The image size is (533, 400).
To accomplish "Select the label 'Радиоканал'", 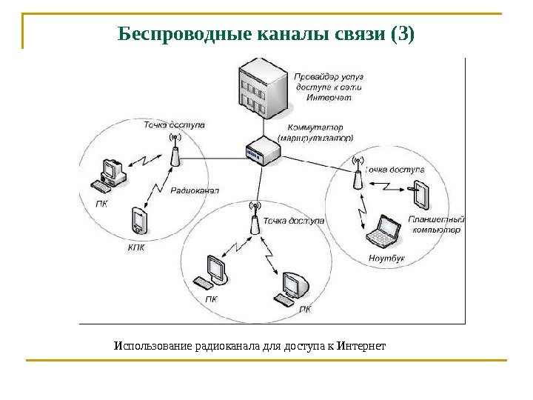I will pyautogui.click(x=195, y=190).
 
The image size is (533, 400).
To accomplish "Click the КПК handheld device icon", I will pyautogui.click(x=139, y=220).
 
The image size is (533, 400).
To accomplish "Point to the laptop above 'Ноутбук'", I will pyautogui.click(x=386, y=230).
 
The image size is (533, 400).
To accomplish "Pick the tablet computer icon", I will pyautogui.click(x=420, y=195).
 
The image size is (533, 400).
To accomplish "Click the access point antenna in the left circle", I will pyautogui.click(x=175, y=153).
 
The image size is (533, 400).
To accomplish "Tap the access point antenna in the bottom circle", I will pyautogui.click(x=254, y=220).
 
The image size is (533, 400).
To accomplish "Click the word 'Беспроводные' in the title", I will pyautogui.click(x=175, y=34).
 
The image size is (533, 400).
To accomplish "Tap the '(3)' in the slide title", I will pyautogui.click(x=401, y=34).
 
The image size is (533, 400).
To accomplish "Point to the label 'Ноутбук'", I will pyautogui.click(x=386, y=259).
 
